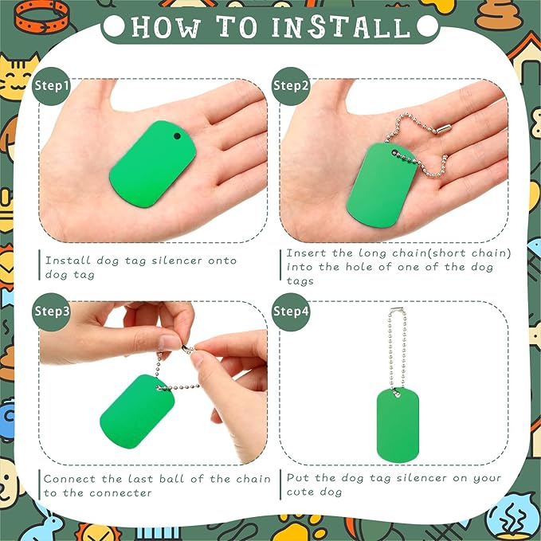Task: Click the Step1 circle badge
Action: tap(52, 86)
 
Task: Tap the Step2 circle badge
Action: tap(291, 86)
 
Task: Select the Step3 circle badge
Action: tap(52, 312)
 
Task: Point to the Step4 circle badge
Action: tap(291, 312)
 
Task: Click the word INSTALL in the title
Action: tap(341, 27)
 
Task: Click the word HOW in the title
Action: tap(166, 27)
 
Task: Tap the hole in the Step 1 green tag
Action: tap(177, 136)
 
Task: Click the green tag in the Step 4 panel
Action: tap(398, 425)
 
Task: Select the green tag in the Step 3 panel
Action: tap(137, 411)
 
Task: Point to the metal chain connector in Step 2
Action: tap(443, 129)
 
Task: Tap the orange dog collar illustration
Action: tap(41, 17)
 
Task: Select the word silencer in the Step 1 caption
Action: tap(177, 261)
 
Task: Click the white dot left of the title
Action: tap(114, 26)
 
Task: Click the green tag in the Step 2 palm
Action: tap(382, 186)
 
